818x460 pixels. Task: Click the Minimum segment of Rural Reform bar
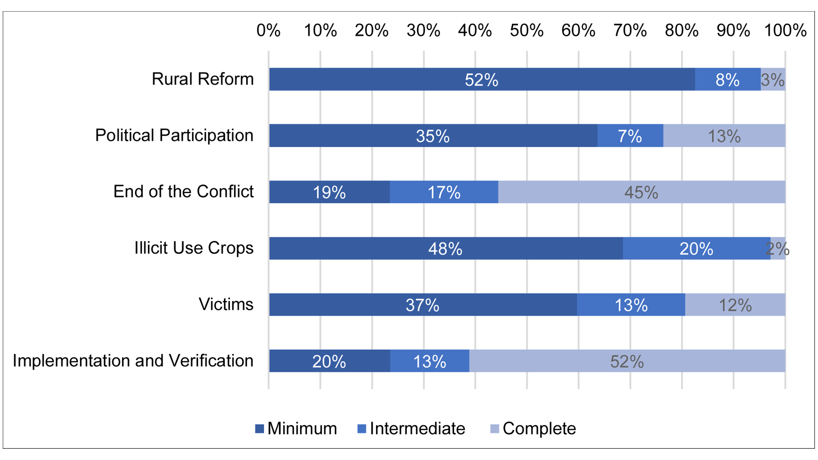click(x=482, y=79)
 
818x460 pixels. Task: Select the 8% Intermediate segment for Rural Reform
click(x=728, y=79)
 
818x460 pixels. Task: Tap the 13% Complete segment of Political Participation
click(x=724, y=136)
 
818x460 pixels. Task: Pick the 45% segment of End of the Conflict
click(x=641, y=192)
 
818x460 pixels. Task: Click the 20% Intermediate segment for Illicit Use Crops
click(x=696, y=248)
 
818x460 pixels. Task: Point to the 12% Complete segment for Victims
click(x=735, y=305)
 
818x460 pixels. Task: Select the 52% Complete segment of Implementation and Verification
click(x=627, y=361)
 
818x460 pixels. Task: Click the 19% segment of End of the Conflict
click(x=329, y=192)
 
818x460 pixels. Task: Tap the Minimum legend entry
click(x=296, y=428)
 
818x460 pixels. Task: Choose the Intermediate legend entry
click(x=411, y=428)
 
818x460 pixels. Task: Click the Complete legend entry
click(x=533, y=428)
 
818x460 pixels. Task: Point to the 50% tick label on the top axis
click(x=527, y=31)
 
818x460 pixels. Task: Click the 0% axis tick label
click(x=268, y=31)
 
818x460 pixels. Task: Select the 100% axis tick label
click(x=785, y=31)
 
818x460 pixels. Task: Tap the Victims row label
click(x=226, y=304)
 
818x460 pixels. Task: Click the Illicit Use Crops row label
click(x=194, y=248)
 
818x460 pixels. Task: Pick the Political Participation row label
click(x=174, y=135)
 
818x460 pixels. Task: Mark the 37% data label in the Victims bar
click(x=422, y=305)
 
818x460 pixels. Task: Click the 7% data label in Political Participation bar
click(x=630, y=136)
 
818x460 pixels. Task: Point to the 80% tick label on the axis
click(x=682, y=31)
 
